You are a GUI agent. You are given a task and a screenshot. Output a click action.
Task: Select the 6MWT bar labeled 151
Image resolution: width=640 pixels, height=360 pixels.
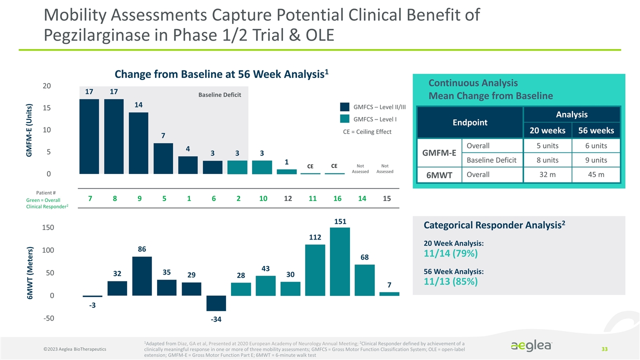click(x=340, y=261)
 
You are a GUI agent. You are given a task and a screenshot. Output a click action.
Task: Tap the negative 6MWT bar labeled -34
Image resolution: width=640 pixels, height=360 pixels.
click(x=216, y=303)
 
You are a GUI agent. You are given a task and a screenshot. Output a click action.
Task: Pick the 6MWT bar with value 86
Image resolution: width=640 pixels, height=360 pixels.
click(x=141, y=276)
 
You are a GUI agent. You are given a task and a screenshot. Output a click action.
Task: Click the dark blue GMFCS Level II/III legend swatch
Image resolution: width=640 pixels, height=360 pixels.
click(x=345, y=107)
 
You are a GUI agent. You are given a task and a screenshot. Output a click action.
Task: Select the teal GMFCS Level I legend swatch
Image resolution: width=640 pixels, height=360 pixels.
click(x=345, y=119)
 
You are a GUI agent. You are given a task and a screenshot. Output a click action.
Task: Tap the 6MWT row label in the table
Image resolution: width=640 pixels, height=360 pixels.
click(x=439, y=175)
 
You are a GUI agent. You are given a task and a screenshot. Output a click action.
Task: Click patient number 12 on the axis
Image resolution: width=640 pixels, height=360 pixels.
click(x=287, y=199)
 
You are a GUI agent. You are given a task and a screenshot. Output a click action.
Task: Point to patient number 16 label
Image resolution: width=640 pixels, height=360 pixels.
click(x=337, y=199)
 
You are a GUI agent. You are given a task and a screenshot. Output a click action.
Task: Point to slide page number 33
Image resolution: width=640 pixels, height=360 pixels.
click(x=604, y=348)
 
